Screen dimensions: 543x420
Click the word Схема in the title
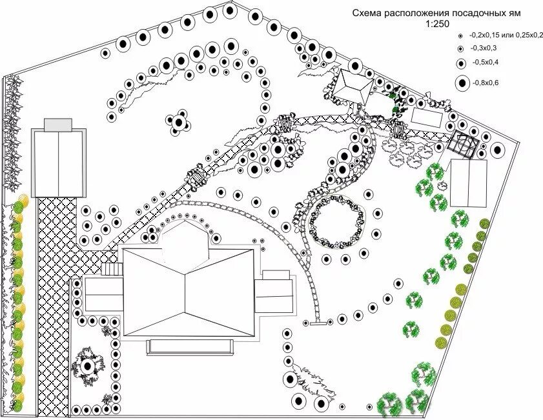pos(366,14)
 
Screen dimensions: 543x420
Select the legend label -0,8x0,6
pos(486,83)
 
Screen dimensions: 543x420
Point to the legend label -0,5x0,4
pos(486,63)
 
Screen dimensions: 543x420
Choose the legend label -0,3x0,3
pos(484,48)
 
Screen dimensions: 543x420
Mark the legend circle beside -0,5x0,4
pos(461,63)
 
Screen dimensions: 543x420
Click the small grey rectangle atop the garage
pos(59,125)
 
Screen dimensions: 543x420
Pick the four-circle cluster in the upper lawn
pos(178,121)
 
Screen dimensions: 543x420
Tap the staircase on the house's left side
pos(112,270)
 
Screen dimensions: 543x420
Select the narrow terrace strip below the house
pos(189,346)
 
